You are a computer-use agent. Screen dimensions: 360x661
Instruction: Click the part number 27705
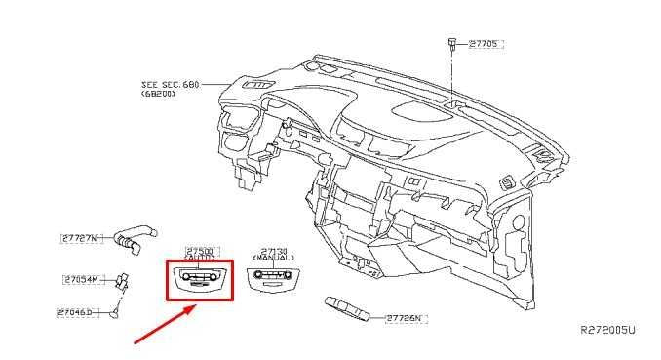[x=484, y=44]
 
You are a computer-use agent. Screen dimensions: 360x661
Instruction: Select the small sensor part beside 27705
[x=453, y=43]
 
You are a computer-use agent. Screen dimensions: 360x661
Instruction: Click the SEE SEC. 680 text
[x=170, y=85]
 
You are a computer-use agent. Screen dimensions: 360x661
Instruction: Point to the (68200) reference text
[x=157, y=95]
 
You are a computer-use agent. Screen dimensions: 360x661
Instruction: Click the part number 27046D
[x=78, y=312]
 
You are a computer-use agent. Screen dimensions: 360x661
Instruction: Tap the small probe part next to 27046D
[x=115, y=310]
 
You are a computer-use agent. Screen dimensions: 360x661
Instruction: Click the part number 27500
[x=199, y=251]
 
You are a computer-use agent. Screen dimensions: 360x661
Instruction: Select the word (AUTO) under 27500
[x=199, y=260]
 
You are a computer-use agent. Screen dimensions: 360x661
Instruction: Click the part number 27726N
[x=407, y=318]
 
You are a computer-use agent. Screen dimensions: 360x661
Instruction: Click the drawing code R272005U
[x=607, y=331]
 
